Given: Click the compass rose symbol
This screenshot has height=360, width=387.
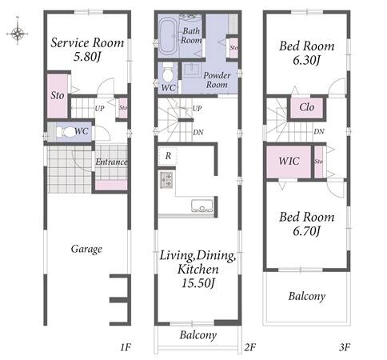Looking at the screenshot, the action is pyautogui.click(x=18, y=34).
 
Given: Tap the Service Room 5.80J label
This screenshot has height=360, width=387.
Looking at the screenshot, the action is pyautogui.click(x=87, y=50).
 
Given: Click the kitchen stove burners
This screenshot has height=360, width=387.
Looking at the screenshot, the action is pyautogui.click(x=166, y=178).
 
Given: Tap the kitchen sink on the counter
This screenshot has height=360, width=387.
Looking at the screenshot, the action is pyautogui.click(x=202, y=206).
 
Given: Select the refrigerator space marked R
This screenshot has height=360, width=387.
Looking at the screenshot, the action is pyautogui.click(x=168, y=155).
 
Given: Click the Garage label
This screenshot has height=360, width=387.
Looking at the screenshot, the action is pyautogui.click(x=86, y=249).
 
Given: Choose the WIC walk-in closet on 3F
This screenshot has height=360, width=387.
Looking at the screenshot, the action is pyautogui.click(x=289, y=162).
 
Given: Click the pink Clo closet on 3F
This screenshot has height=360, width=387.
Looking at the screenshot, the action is pyautogui.click(x=306, y=108).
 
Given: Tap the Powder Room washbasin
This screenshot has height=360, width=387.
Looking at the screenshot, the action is pyautogui.click(x=192, y=70).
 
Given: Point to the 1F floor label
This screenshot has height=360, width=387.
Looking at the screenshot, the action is pyautogui.click(x=126, y=347).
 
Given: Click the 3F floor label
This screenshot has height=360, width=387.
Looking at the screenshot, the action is pyautogui.click(x=345, y=347).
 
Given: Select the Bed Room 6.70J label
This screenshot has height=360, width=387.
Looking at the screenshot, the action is pyautogui.click(x=306, y=224).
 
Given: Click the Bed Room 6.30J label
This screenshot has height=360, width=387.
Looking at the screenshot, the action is pyautogui.click(x=306, y=53).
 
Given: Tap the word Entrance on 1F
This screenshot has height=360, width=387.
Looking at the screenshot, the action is pyautogui.click(x=111, y=162).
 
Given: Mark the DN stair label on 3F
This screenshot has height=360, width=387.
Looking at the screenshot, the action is pyautogui.click(x=319, y=131).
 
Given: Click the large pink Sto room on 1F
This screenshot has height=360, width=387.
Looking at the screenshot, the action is pyautogui.click(x=58, y=96).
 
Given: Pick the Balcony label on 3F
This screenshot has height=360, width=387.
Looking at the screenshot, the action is pyautogui.click(x=307, y=296).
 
